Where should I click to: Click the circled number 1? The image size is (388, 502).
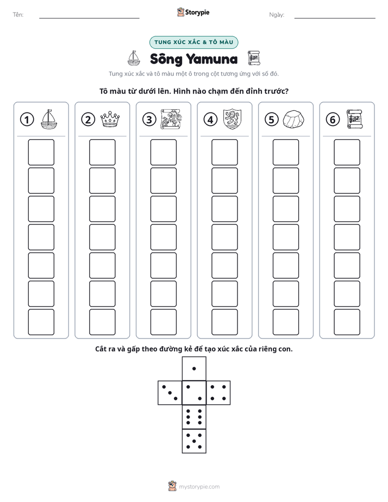point(27,120)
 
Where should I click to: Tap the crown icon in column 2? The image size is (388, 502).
point(110,119)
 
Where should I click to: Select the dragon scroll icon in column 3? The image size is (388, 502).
point(171,120)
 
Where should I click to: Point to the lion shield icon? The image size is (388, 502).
point(232,119)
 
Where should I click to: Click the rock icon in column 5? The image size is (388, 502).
point(293,120)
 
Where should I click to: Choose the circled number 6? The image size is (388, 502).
point(333,120)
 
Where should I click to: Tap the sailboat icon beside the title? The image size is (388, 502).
point(134,58)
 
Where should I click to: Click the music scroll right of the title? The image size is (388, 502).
point(254,58)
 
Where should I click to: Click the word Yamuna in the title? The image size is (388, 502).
point(212,59)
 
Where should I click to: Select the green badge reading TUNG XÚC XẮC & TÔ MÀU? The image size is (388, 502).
point(193,42)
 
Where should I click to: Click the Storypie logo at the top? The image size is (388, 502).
point(193,12)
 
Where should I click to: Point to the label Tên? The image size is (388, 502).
point(18,15)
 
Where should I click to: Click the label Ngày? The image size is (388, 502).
point(277,15)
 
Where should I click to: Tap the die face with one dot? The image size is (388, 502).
point(194,368)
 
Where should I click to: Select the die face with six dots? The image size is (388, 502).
point(194,417)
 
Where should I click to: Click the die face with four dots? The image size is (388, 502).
point(218,393)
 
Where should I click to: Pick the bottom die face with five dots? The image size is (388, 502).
point(194,441)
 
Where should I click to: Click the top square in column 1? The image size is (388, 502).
point(41,152)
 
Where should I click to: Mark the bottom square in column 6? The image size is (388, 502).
point(347,322)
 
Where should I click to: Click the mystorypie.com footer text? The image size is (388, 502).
point(199,487)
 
